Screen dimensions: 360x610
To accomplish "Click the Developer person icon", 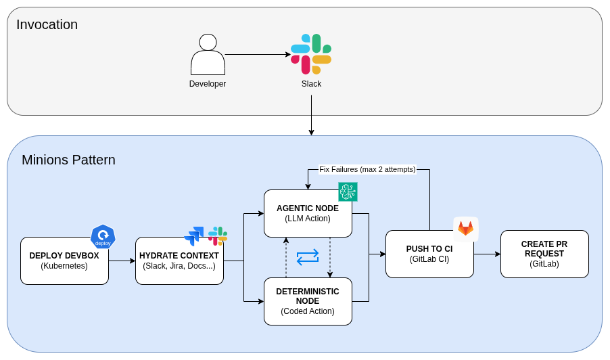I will tap(208, 55).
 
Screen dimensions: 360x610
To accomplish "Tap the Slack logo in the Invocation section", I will tap(311, 54).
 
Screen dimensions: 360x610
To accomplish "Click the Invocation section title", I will tap(47, 25).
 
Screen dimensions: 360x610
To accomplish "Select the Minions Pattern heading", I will tap(68, 160).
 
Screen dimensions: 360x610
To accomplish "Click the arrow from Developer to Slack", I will tap(257, 55).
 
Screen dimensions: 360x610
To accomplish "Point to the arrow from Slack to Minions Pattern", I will tap(311, 115).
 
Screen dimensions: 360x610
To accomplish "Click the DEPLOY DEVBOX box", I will tap(64, 261).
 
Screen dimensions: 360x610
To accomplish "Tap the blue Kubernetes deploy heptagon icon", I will tap(103, 237).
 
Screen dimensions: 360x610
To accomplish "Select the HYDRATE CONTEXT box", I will tap(179, 261).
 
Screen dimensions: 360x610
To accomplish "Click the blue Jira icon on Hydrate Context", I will tap(194, 235).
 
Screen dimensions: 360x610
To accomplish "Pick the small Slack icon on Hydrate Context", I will tap(218, 236).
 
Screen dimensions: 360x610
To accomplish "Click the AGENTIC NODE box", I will tap(308, 213).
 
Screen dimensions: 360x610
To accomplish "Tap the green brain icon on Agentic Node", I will tap(348, 192).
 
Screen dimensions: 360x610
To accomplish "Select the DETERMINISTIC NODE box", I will tap(308, 301).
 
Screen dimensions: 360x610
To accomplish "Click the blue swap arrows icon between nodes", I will tap(308, 256).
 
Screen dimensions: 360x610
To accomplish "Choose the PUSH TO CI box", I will tap(429, 254).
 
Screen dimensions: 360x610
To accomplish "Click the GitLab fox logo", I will tap(466, 229).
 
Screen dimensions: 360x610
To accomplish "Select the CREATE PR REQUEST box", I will tap(544, 254).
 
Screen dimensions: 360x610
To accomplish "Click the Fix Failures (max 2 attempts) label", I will tap(367, 169).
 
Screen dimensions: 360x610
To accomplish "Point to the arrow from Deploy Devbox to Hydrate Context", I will tap(122, 261).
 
